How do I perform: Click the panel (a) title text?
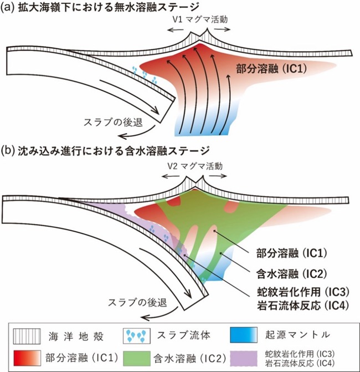click(x=100, y=7)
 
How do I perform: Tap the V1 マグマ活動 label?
click(x=200, y=19)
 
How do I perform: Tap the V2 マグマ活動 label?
click(x=195, y=166)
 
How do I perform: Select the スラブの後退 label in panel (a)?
click(x=114, y=122)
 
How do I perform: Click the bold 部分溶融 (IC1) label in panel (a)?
click(x=271, y=69)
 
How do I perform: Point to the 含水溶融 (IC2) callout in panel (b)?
click(x=292, y=274)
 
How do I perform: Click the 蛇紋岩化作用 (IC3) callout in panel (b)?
click(x=303, y=292)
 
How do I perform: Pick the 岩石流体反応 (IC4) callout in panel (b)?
click(x=303, y=305)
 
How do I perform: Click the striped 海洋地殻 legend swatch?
click(x=27, y=336)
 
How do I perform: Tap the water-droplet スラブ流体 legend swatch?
click(x=137, y=336)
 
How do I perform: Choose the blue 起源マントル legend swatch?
click(x=244, y=335)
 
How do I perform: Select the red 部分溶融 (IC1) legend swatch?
click(x=27, y=358)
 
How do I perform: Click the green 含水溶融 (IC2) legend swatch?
click(x=137, y=359)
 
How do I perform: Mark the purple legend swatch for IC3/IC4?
click(x=244, y=359)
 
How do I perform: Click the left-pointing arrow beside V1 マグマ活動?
click(x=175, y=29)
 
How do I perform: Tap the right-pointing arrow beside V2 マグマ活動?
click(x=218, y=176)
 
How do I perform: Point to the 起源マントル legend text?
click(x=297, y=335)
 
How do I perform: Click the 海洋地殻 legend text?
click(x=76, y=337)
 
